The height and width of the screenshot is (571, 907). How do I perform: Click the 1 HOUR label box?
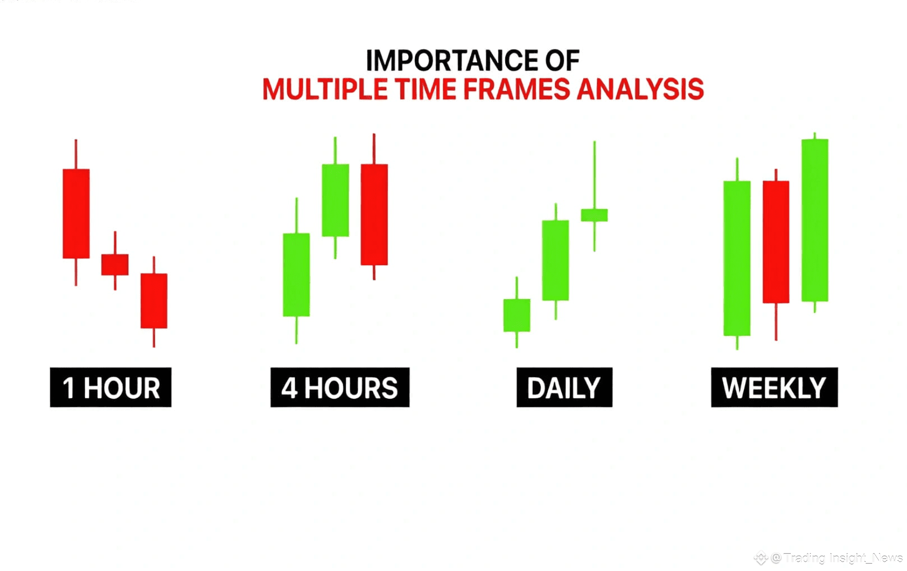(x=111, y=387)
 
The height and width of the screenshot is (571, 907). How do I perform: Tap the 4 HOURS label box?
(x=340, y=387)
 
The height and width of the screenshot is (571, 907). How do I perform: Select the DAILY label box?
(x=564, y=387)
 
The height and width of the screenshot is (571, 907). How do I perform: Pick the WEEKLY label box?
(x=774, y=387)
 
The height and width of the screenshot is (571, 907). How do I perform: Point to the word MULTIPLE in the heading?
(x=325, y=89)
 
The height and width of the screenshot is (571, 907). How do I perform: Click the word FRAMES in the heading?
(x=517, y=89)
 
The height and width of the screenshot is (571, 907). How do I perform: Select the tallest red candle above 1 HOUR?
(x=76, y=213)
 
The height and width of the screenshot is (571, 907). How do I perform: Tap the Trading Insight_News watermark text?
(x=843, y=558)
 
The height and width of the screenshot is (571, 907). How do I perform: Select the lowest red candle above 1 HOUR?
(x=154, y=301)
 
